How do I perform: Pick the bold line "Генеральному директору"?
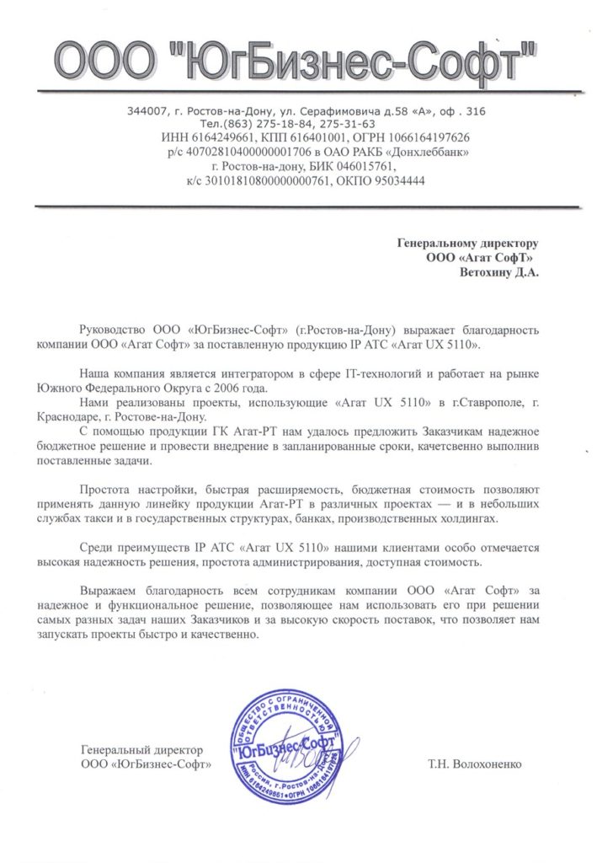[x=466, y=244]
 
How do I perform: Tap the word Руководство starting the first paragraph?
[x=113, y=330]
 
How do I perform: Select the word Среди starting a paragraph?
[x=95, y=547]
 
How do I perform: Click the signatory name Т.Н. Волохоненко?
[x=475, y=764]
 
